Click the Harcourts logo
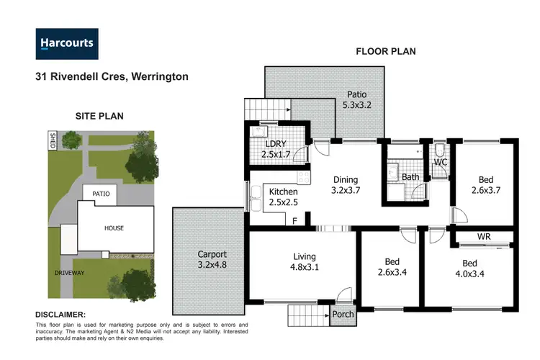67,43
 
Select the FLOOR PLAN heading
385,52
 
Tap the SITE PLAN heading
100,115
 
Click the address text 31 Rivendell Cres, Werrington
112,76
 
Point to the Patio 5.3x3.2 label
358,99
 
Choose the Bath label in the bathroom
410,177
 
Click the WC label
441,163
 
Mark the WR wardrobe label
485,236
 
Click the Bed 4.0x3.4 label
469,269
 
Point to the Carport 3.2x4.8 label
212,260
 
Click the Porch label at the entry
342,314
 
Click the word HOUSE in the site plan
114,228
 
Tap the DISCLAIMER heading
60,315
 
